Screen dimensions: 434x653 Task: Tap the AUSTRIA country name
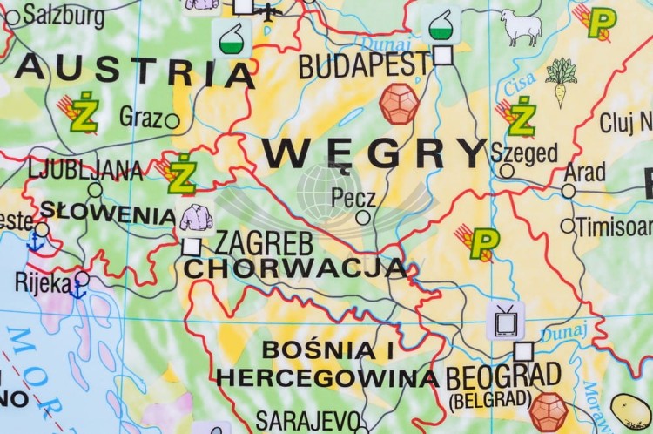[x=135, y=70]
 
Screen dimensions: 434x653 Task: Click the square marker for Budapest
[x=443, y=56]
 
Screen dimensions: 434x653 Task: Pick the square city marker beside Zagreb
[x=192, y=247]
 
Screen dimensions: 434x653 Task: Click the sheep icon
[x=521, y=27]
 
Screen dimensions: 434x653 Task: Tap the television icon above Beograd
[x=505, y=320]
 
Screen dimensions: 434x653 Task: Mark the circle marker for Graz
[x=172, y=121]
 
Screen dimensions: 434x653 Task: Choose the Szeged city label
[x=524, y=153]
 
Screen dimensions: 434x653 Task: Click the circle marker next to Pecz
[x=363, y=218]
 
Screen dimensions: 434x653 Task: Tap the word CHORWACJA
[x=295, y=268]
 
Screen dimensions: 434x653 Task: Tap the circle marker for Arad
[x=569, y=191]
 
